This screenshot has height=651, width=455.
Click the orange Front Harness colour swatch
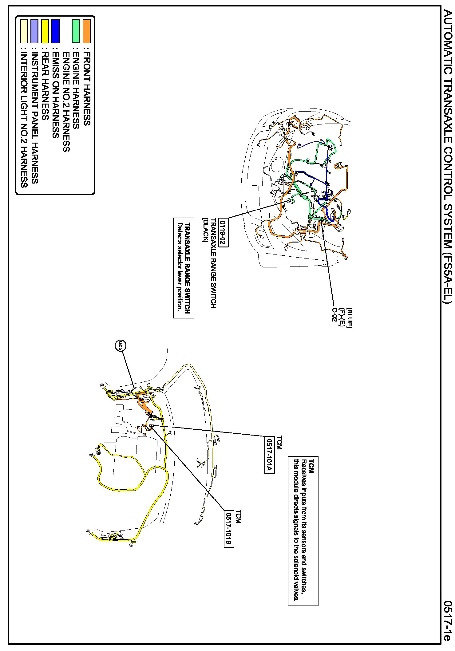click(x=86, y=31)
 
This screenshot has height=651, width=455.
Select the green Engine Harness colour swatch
click(x=76, y=31)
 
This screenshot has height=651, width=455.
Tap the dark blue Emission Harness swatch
click(x=55, y=31)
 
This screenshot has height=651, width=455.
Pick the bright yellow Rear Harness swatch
click(x=45, y=31)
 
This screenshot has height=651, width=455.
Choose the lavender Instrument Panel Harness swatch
click(x=34, y=31)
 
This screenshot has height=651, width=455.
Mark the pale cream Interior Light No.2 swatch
click(x=24, y=31)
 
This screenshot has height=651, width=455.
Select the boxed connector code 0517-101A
click(x=269, y=455)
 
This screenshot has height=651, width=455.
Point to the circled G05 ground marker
click(x=121, y=345)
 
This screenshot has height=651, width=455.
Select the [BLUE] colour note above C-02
click(x=349, y=317)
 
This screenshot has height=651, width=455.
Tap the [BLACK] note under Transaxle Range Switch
click(x=205, y=230)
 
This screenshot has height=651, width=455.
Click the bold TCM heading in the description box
click(x=311, y=466)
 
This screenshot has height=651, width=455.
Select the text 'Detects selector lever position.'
click(x=179, y=266)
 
